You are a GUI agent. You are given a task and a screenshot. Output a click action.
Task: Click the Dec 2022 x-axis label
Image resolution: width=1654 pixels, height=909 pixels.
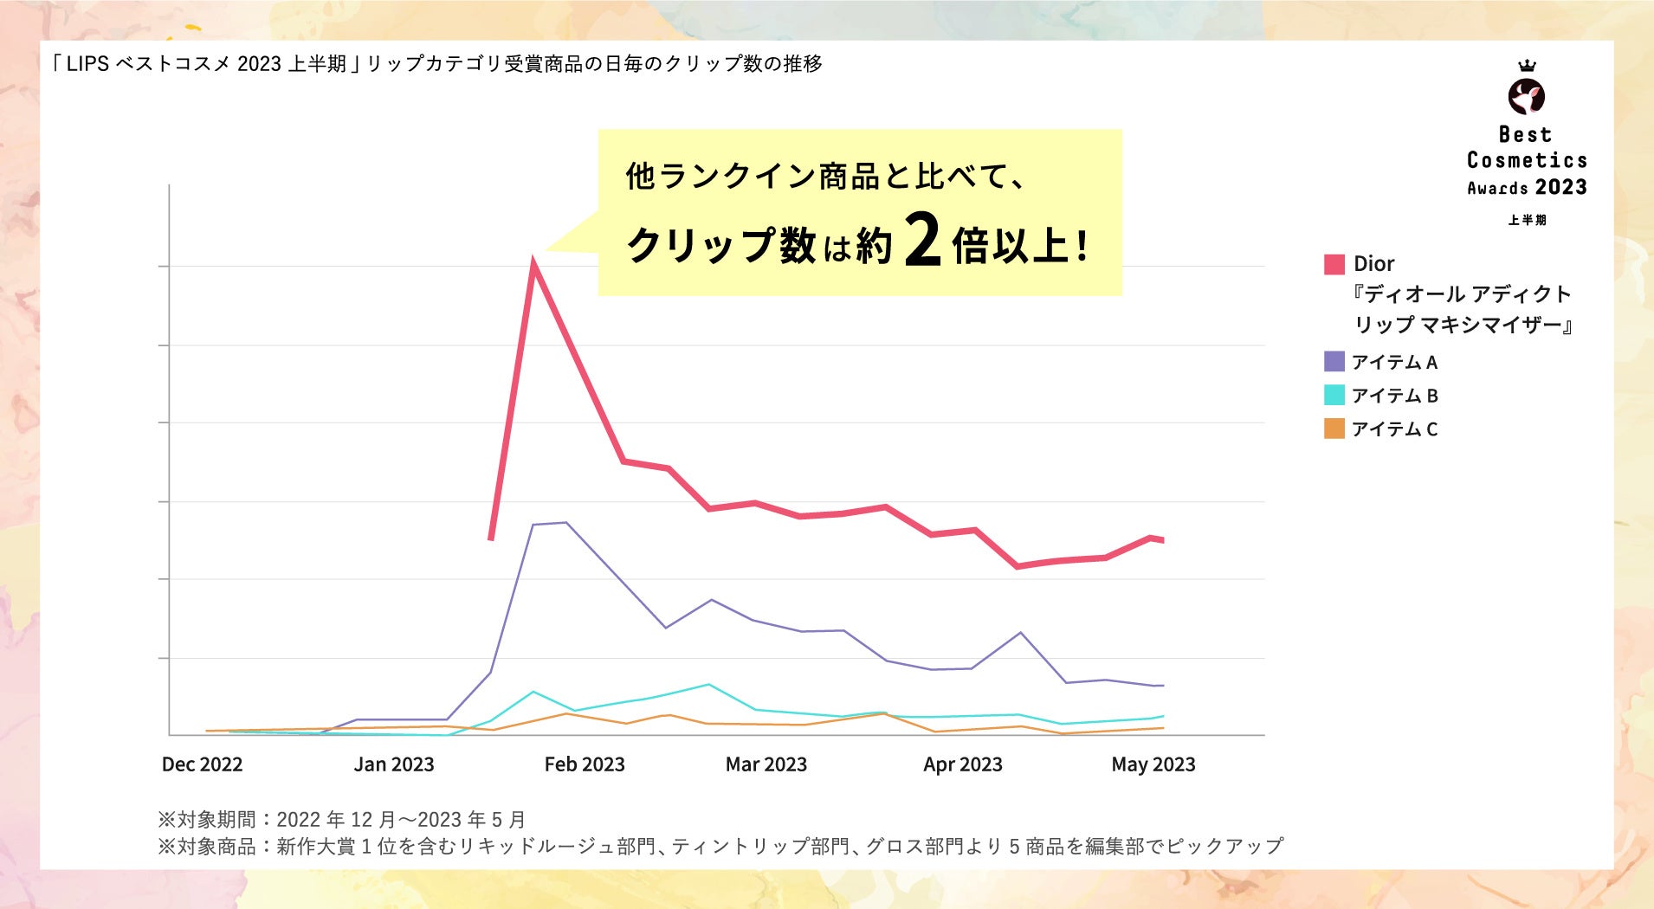[x=202, y=764]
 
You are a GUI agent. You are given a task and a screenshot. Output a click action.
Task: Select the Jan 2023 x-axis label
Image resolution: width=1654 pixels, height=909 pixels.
[x=394, y=764]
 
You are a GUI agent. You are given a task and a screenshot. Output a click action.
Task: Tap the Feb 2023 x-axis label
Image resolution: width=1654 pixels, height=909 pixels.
[x=585, y=764]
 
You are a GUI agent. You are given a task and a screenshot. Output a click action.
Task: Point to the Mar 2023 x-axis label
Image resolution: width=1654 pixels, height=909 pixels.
[x=766, y=764]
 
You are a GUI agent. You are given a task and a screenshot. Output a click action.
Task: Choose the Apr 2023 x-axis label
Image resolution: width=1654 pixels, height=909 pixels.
[x=963, y=764]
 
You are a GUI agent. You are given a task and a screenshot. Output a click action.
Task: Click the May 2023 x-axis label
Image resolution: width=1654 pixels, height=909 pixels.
[x=1153, y=764]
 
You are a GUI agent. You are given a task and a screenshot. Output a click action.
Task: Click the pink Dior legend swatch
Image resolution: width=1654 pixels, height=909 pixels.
[x=1334, y=264]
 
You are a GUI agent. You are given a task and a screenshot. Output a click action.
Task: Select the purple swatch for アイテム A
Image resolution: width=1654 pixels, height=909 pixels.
[x=1334, y=361]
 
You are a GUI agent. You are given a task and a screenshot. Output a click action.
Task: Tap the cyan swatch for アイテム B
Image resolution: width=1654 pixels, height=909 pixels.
[x=1334, y=395]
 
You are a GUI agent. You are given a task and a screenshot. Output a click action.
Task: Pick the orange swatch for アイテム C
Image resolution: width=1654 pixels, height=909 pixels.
[x=1334, y=429]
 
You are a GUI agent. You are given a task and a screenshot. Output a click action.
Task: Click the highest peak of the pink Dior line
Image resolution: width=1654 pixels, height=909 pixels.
[x=534, y=265]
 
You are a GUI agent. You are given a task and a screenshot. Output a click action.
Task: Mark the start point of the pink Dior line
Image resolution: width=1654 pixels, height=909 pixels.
[x=491, y=539]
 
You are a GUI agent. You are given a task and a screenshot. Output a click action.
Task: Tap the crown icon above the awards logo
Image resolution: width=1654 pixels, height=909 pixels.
[x=1528, y=66]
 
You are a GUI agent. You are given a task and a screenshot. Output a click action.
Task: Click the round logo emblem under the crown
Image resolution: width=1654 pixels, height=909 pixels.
[x=1527, y=96]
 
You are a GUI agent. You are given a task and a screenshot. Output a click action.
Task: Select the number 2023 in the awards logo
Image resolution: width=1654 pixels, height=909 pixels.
[x=1561, y=187]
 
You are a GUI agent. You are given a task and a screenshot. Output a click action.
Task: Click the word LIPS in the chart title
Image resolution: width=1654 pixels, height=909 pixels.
[x=87, y=64]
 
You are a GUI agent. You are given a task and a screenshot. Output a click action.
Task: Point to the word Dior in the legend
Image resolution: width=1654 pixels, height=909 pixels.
[x=1374, y=264]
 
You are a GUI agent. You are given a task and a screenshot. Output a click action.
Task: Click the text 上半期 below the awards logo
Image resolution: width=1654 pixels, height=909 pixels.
[x=1527, y=220]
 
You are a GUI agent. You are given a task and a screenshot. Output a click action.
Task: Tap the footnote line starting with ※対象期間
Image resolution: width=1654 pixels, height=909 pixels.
[x=341, y=819]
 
